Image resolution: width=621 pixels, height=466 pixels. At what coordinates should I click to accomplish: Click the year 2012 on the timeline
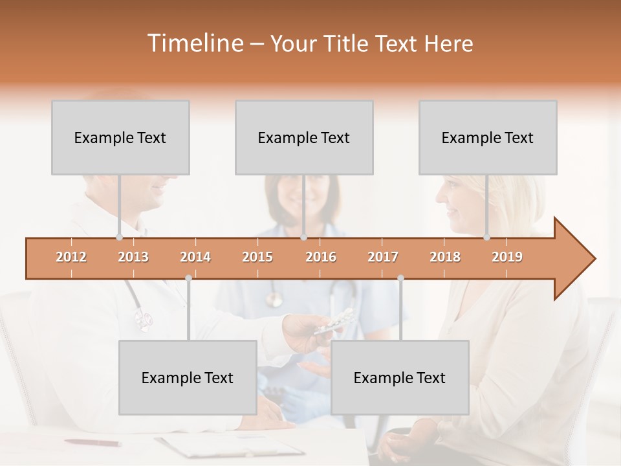(71, 257)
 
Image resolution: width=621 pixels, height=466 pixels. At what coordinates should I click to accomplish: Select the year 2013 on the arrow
(133, 257)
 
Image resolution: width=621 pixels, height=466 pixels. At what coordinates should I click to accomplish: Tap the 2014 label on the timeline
(195, 257)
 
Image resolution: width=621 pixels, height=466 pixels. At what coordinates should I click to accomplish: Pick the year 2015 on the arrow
(257, 257)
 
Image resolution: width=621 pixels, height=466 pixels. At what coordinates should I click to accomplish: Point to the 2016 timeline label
(321, 257)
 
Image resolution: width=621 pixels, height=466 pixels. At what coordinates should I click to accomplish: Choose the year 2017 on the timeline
(383, 257)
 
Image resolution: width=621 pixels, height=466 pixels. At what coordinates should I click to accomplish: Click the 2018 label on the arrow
(445, 257)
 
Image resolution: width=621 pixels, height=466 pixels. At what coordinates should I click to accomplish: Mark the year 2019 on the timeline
(507, 257)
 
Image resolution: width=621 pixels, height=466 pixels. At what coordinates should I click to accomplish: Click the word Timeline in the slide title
(194, 43)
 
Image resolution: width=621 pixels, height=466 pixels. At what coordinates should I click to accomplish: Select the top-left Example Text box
(120, 137)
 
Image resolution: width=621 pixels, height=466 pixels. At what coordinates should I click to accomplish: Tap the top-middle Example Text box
(304, 137)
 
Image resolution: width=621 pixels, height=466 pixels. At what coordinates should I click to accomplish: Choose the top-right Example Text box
(488, 137)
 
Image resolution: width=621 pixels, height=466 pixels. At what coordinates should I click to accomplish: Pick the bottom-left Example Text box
(188, 377)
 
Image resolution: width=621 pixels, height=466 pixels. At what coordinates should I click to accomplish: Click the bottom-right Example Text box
(400, 377)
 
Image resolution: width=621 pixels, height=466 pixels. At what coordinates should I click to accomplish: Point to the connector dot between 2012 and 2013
(119, 238)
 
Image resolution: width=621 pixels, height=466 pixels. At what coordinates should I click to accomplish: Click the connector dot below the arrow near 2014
(188, 278)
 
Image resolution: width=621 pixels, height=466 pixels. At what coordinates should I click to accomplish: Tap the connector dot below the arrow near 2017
(400, 278)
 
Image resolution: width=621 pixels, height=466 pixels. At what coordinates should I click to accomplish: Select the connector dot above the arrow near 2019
(486, 238)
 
